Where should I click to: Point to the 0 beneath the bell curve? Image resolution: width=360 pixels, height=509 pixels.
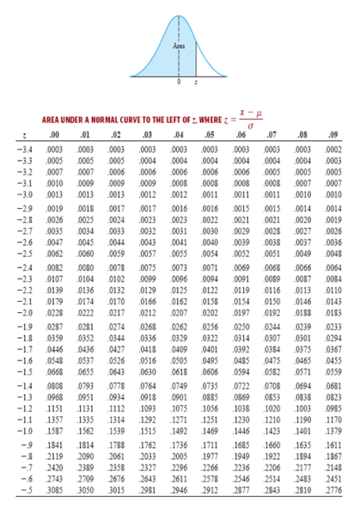179,92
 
